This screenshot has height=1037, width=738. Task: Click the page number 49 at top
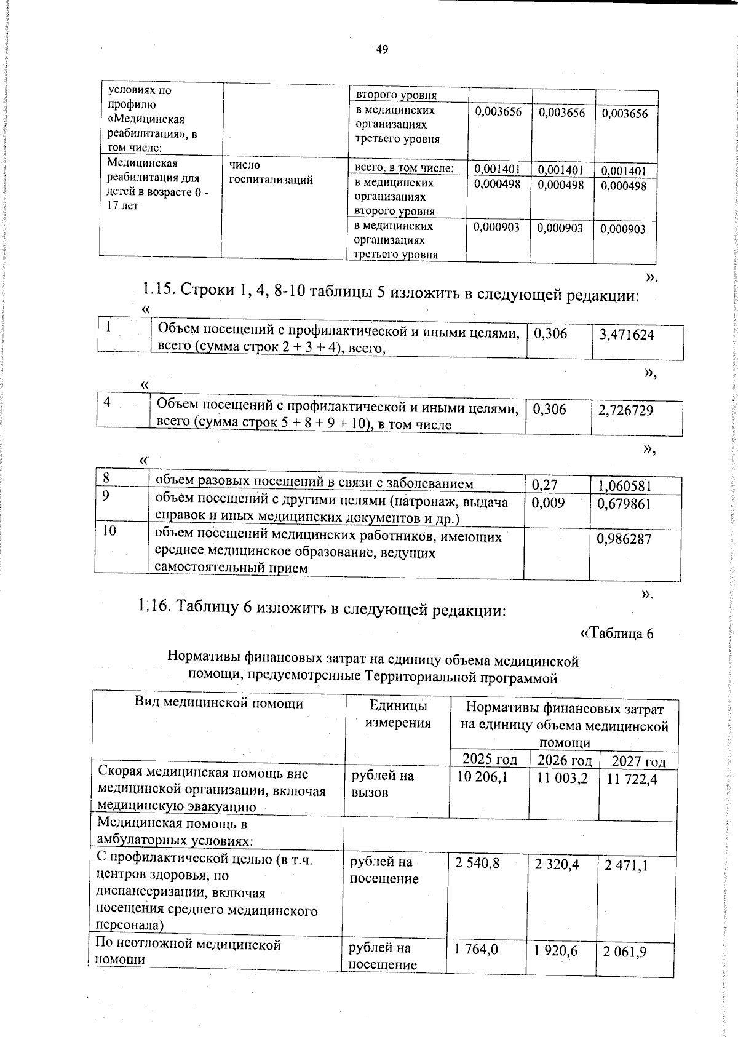pyautogui.click(x=381, y=50)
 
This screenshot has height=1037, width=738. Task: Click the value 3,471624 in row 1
pyautogui.click(x=626, y=335)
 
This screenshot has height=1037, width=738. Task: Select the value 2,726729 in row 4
pyautogui.click(x=625, y=410)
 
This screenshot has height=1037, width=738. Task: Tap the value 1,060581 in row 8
pyautogui.click(x=624, y=486)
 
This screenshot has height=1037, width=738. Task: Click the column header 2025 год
pyautogui.click(x=489, y=758)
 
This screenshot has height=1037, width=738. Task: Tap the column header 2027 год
pyautogui.click(x=638, y=761)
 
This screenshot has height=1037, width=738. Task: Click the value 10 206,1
pyautogui.click(x=482, y=777)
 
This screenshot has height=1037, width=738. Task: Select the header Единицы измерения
pyautogui.click(x=398, y=713)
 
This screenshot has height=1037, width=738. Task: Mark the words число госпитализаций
pyautogui.click(x=271, y=172)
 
